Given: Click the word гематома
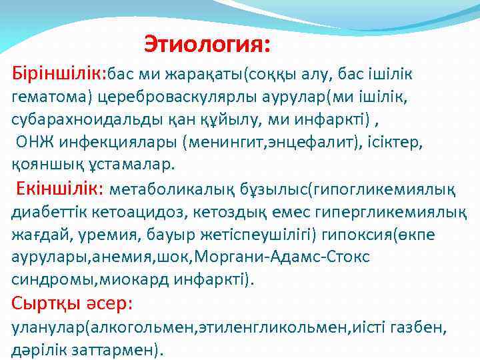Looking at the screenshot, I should click(x=50, y=97).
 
